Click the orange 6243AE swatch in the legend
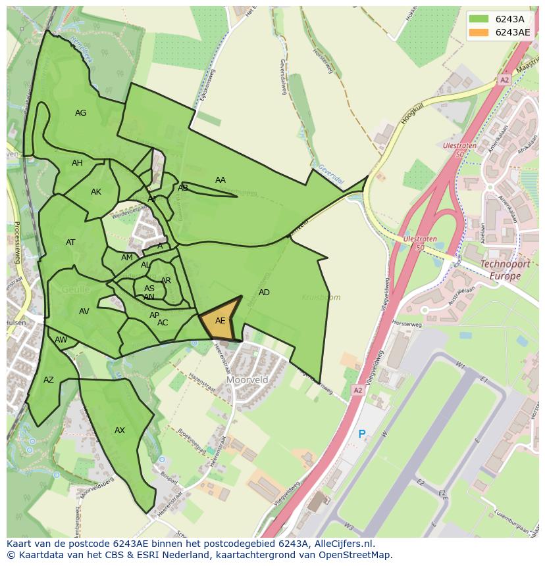click(x=479, y=32)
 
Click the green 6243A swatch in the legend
click(x=479, y=18)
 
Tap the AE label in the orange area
click(x=221, y=321)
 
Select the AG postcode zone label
click(x=80, y=113)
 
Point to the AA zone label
click(x=221, y=180)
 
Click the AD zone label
click(x=264, y=293)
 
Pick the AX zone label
click(x=120, y=431)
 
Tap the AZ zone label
click(x=49, y=380)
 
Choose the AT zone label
click(x=70, y=243)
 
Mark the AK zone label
click(x=96, y=192)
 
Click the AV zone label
click(x=84, y=312)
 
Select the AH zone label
click(x=78, y=163)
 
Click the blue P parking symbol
click(x=361, y=434)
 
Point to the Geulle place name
click(x=76, y=289)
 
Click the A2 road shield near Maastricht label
click(x=504, y=80)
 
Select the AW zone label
click(x=61, y=340)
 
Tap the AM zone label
click(x=127, y=258)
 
